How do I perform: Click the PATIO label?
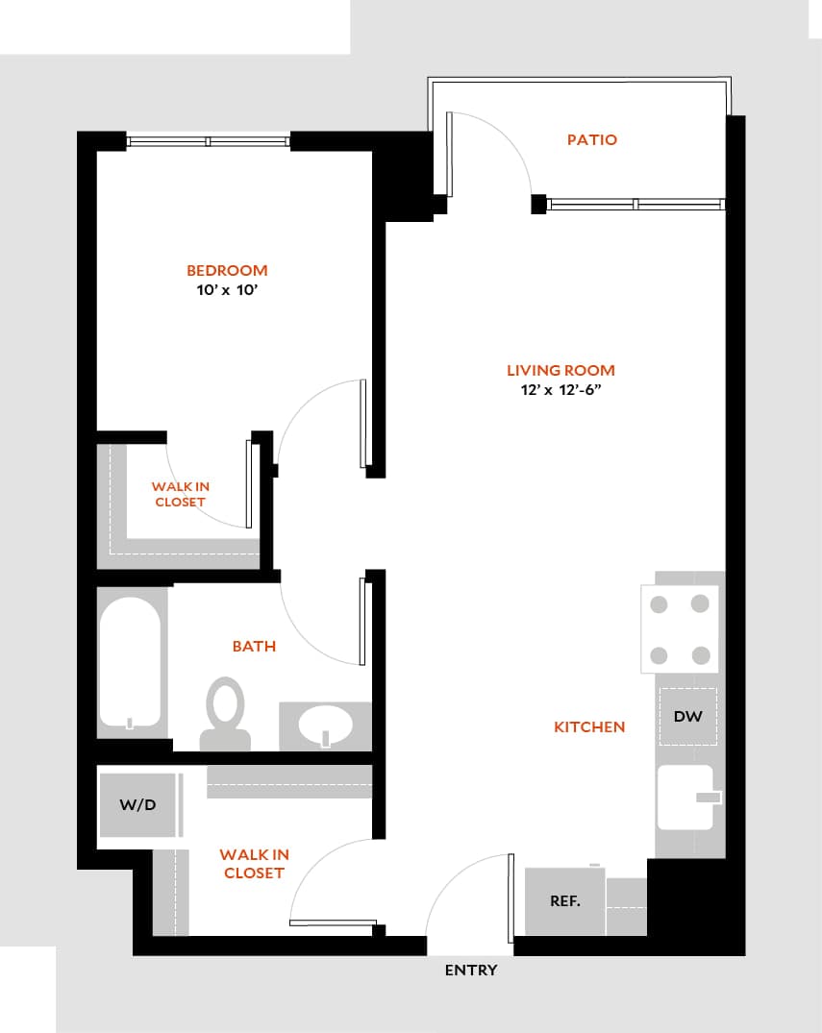[x=591, y=140]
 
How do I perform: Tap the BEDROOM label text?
[x=227, y=271]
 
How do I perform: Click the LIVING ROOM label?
[x=560, y=371]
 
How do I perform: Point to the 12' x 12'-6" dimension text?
[x=560, y=390]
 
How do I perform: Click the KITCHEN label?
[x=589, y=727]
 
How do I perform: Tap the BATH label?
[x=254, y=647]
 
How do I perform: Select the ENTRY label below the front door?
[x=471, y=971]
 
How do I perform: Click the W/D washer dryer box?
[x=138, y=805]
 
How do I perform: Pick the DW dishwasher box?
[x=687, y=717]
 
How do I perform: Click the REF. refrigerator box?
[x=564, y=901]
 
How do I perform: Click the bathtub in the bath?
[x=130, y=663]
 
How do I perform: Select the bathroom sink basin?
[x=324, y=726]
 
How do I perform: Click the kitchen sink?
[x=686, y=797]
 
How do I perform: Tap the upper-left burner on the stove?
[x=660, y=604]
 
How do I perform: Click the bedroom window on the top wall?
[x=208, y=142]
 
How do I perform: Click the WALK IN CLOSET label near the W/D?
[x=254, y=864]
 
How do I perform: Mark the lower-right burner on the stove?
[x=701, y=655]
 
